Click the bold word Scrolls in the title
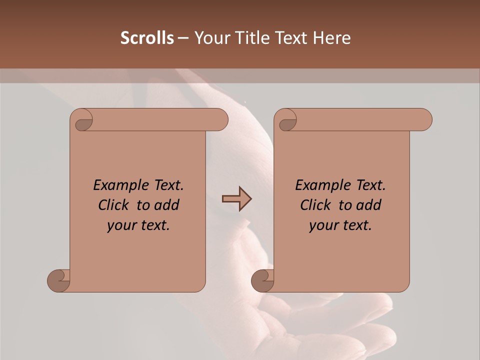point(147,38)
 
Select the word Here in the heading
point(331,38)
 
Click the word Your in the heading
point(212,38)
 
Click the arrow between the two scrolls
point(236,199)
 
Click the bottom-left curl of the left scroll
point(59,280)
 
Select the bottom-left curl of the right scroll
point(263,280)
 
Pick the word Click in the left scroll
point(115,205)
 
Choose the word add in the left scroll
point(167,205)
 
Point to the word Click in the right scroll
point(316,205)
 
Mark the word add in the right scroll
point(369,205)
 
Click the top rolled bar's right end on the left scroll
point(220,120)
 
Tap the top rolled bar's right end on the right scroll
point(424,120)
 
